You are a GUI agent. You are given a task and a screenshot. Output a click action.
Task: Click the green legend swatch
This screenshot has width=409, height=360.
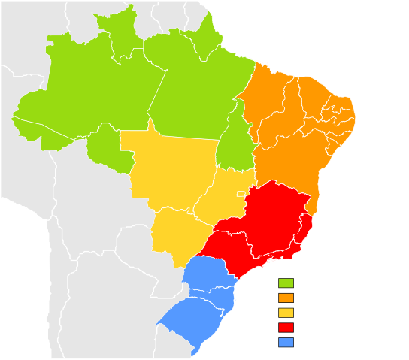286,283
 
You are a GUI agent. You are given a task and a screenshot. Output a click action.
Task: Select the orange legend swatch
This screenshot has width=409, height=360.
286,298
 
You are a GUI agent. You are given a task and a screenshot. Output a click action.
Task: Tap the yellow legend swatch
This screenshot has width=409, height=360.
286,313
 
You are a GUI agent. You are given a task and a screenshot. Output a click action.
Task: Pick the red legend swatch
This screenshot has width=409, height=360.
286,328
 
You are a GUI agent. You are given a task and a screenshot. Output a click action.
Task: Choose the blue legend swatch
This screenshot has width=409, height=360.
286,343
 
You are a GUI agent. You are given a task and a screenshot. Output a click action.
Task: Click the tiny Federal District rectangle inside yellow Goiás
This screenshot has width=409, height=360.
241,194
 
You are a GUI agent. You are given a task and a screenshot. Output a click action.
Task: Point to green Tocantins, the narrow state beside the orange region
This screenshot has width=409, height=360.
233,143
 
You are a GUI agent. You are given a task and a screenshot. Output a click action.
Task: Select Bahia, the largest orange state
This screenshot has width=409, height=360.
289,165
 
